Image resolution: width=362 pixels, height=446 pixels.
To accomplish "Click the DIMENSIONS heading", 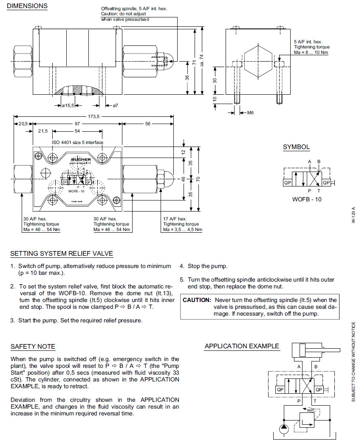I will pyautogui.click(x=27, y=6).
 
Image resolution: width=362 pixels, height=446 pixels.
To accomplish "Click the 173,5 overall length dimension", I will pyautogui.click(x=93, y=116).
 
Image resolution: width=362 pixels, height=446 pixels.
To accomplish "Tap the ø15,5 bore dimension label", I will pyautogui.click(x=68, y=105).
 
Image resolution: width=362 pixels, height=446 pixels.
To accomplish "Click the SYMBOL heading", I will pyautogui.click(x=296, y=147).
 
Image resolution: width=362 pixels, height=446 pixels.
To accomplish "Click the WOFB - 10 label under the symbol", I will pyautogui.click(x=307, y=199).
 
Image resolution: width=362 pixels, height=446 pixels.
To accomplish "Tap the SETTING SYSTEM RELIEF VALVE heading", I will pyautogui.click(x=62, y=254).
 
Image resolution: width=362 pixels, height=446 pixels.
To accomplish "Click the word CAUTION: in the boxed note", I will pyautogui.click(x=197, y=300).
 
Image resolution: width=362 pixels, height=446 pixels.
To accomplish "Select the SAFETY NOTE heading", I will pyautogui.click(x=33, y=347).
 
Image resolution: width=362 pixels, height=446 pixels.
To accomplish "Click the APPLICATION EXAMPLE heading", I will pyautogui.click(x=242, y=346).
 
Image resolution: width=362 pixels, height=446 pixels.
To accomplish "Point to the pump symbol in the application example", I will pyautogui.click(x=283, y=427).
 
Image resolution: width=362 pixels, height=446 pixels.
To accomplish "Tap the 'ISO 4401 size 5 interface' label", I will pyautogui.click(x=77, y=142).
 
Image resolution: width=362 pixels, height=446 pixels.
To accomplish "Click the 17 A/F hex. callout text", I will pyautogui.click(x=175, y=219).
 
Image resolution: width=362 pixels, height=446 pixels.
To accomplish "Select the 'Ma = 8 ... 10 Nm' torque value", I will pyautogui.click(x=311, y=53).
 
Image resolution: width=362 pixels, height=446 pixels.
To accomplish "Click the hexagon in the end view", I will pyautogui.click(x=257, y=62).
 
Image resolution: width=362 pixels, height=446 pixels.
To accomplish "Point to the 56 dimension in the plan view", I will pyautogui.click(x=148, y=124).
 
